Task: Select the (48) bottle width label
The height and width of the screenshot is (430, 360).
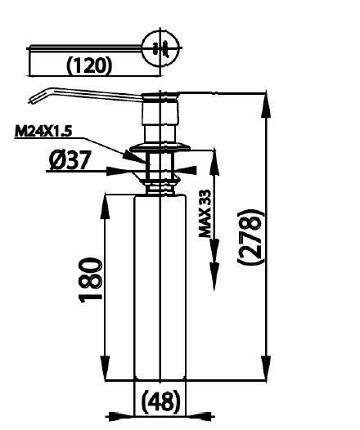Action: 161,401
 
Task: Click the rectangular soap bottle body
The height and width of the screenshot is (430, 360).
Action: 160,286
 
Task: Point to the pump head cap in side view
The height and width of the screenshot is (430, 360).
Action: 160,97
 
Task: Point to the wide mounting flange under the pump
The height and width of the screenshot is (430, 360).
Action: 160,148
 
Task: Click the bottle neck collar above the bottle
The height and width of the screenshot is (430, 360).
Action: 160,187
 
